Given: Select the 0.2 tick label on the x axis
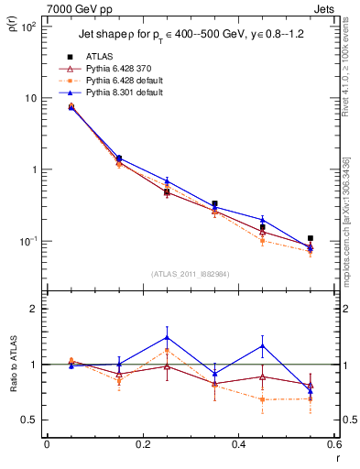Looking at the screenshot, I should [x=142, y=446].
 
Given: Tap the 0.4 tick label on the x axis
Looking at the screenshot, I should [x=238, y=446].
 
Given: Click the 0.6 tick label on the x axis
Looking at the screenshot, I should [x=333, y=446].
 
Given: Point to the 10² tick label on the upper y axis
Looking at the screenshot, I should [x=29, y=27].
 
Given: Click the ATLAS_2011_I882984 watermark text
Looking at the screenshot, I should [x=191, y=274].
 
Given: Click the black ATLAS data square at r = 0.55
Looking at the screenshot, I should [x=311, y=238].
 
